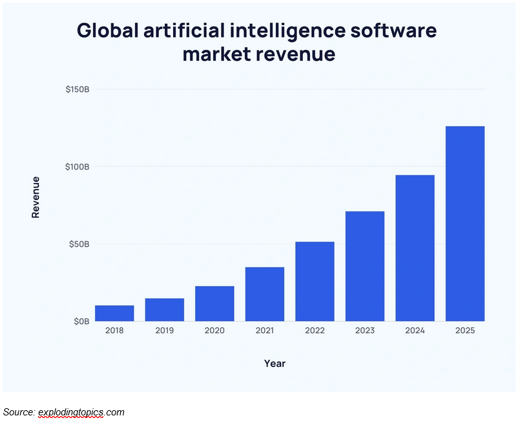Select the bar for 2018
pyautogui.click(x=114, y=313)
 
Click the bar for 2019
pyautogui.click(x=164, y=310)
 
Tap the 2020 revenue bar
pyautogui.click(x=214, y=303)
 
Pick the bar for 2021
pyautogui.click(x=265, y=294)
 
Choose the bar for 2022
pyautogui.click(x=315, y=281)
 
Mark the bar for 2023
pyautogui.click(x=365, y=267)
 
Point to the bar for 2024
pyautogui.click(x=415, y=248)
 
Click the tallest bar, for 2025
pyautogui.click(x=465, y=224)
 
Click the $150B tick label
pyautogui.click(x=77, y=89)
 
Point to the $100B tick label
pyautogui.click(x=77, y=167)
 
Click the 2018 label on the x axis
pyautogui.click(x=114, y=331)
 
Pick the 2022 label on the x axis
pyautogui.click(x=315, y=331)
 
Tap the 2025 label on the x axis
pyautogui.click(x=465, y=331)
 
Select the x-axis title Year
pyautogui.click(x=275, y=364)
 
